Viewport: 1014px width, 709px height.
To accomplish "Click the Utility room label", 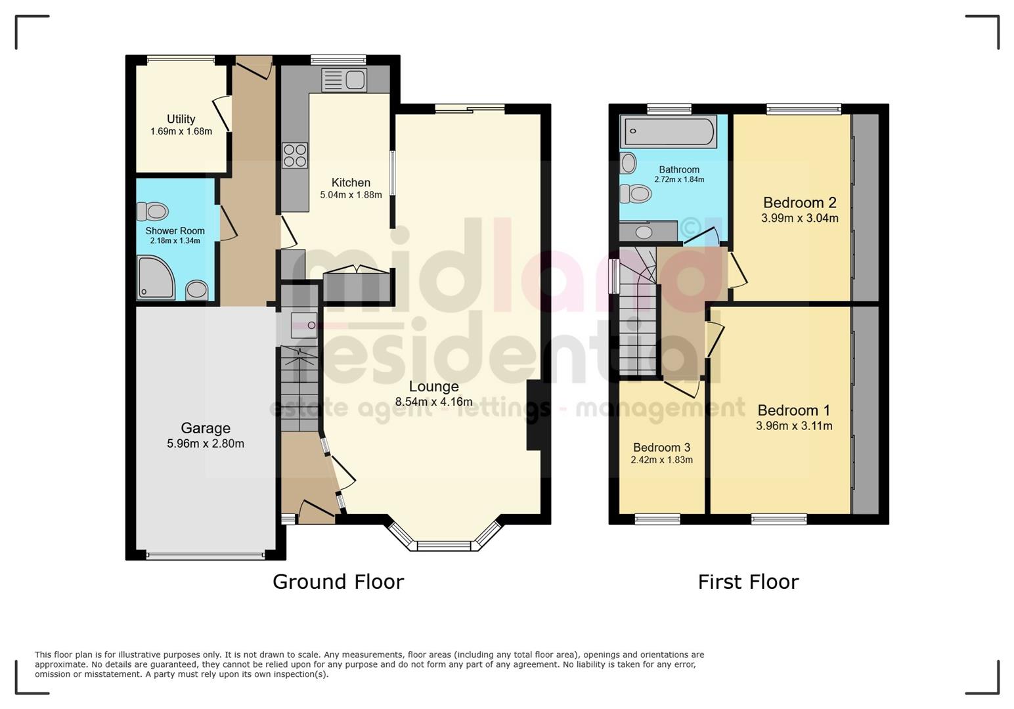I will tap(181, 119).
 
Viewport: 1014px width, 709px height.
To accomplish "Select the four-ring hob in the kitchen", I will tap(294, 156).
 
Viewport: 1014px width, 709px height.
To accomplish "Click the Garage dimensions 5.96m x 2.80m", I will tap(206, 444).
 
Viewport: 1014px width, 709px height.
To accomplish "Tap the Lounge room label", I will tap(433, 386).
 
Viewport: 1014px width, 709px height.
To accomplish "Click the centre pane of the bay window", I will tap(444, 546).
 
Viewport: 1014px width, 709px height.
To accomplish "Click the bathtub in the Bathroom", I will tap(668, 131).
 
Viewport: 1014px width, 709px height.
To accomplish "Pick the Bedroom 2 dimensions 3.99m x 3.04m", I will tap(799, 219).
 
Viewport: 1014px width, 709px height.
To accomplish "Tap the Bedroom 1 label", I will tap(793, 410).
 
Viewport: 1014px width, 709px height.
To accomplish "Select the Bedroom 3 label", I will tap(661, 448).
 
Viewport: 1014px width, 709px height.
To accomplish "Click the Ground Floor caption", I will tap(338, 582).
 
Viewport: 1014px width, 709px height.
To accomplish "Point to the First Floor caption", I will tap(747, 582).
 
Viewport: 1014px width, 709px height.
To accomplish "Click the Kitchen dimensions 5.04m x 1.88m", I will tap(351, 195).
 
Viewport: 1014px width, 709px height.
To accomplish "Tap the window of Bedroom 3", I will tap(657, 520).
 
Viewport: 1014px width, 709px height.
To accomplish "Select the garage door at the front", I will tap(206, 555).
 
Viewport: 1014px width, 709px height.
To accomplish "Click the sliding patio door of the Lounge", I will tap(470, 109).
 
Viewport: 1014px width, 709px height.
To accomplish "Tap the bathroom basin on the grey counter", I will tap(644, 232).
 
